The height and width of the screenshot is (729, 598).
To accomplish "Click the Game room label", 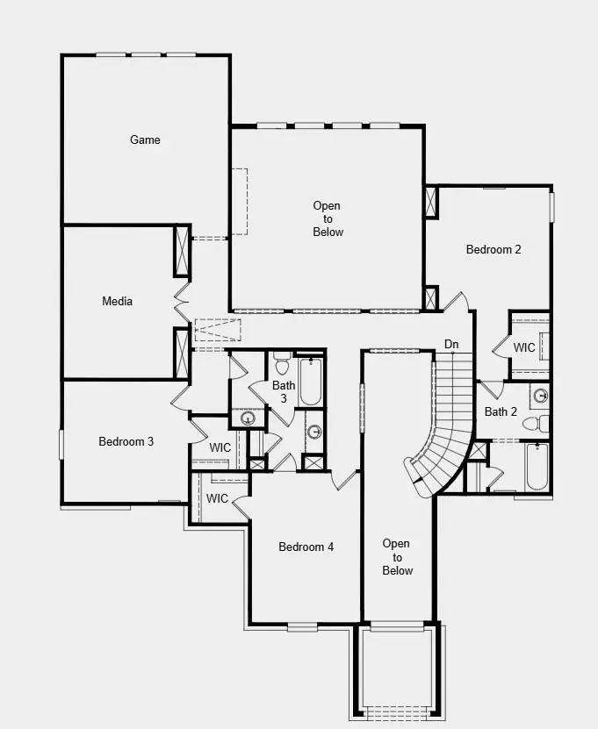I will (145, 139).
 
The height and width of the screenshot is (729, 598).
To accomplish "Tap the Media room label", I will (117, 302).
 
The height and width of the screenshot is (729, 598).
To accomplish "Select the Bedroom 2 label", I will (494, 249).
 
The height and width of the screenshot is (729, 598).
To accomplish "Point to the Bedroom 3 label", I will (126, 441).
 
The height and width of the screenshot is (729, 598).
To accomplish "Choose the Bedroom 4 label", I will (306, 547).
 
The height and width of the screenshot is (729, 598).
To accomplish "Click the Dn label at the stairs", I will (451, 344).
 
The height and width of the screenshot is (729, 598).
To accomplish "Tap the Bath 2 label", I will (501, 411).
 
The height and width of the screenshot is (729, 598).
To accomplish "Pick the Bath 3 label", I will (284, 391).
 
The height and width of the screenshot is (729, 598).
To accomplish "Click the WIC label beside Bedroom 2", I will (524, 347).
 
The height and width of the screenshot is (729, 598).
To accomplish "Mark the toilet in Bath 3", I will (282, 362).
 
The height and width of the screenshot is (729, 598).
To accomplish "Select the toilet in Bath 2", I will (535, 424).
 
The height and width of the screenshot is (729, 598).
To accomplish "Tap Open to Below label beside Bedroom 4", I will (397, 557).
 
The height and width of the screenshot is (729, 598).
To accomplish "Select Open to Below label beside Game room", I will (328, 219).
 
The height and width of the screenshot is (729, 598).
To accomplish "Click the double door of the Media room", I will (182, 302).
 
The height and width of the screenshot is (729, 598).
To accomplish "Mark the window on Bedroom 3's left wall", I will (61, 443).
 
